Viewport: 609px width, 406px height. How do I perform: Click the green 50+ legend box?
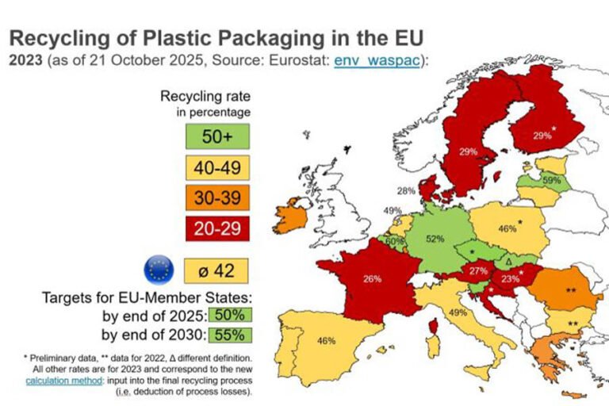click(x=216, y=136)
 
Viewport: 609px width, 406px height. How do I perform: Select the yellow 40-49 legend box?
click(x=216, y=167)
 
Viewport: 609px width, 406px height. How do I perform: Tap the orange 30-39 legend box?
click(x=216, y=198)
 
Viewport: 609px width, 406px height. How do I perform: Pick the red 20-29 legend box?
click(x=216, y=229)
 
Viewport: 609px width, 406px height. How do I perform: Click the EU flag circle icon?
click(x=159, y=270)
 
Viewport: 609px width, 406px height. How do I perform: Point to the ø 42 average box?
click(x=216, y=270)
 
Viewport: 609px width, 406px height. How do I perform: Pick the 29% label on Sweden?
click(x=467, y=151)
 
